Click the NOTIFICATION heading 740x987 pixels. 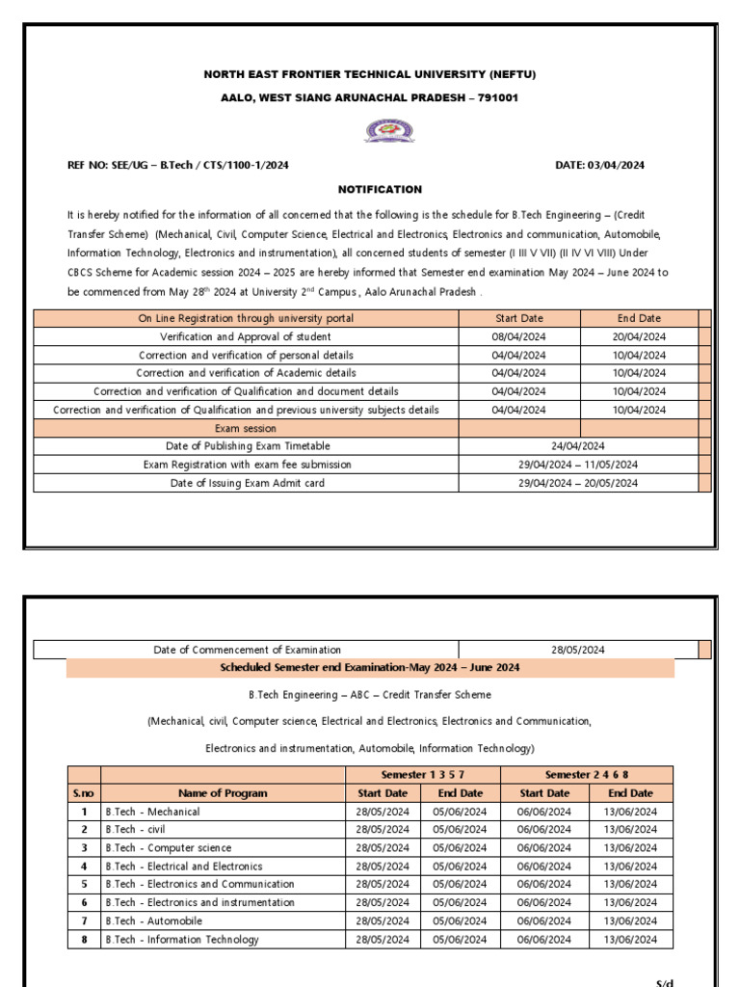pyautogui.click(x=379, y=189)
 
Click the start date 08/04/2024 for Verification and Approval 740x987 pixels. pyautogui.click(x=518, y=336)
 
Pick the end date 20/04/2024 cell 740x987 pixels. pyautogui.click(x=640, y=336)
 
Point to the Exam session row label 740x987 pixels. pyautogui.click(x=246, y=428)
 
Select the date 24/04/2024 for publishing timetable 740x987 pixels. pyautogui.click(x=578, y=446)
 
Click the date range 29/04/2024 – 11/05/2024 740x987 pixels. pyautogui.click(x=578, y=465)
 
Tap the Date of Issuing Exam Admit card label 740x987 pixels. pyautogui.click(x=247, y=483)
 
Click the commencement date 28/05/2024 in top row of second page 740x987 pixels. pyautogui.click(x=578, y=650)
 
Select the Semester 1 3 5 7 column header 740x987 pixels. pyautogui.click(x=422, y=774)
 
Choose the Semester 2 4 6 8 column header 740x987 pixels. pyautogui.click(x=587, y=774)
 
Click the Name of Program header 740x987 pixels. pyautogui.click(x=223, y=793)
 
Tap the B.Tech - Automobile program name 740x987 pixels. pyautogui.click(x=154, y=921)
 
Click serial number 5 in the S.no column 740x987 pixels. pyautogui.click(x=84, y=884)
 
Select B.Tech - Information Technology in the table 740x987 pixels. pyautogui.click(x=181, y=940)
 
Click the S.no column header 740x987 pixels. pyautogui.click(x=84, y=793)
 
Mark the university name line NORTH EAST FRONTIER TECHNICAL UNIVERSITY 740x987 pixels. pyautogui.click(x=369, y=74)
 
